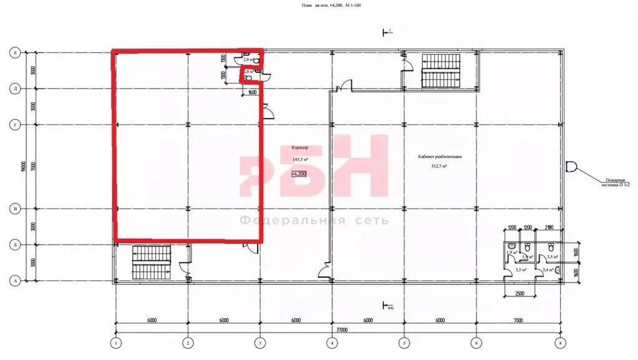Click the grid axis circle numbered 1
(115, 343)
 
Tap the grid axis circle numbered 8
(560, 343)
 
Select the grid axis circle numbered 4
(332, 343)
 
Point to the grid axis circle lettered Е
(15, 54)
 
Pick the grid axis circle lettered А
(15, 281)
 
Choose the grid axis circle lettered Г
(15, 125)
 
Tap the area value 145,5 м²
(301, 159)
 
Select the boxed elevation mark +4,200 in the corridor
(300, 173)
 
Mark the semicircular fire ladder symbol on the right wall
(571, 167)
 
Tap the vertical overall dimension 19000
(22, 167)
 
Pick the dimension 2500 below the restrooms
(523, 293)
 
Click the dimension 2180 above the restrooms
(549, 228)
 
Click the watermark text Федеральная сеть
(314, 220)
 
